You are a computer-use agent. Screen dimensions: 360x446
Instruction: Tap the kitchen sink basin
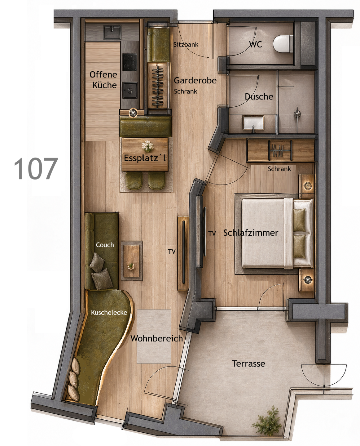(112, 32)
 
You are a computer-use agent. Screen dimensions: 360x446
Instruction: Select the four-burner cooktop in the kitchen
(130, 62)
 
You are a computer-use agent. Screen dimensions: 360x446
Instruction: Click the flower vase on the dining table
(148, 146)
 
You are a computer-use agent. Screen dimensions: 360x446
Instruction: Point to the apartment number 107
(36, 169)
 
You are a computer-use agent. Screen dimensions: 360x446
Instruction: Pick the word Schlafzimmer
(251, 233)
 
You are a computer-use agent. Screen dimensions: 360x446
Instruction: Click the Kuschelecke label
(109, 313)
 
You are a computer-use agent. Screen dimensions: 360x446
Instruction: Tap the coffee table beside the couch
(131, 261)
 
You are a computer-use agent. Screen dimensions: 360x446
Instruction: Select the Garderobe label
(195, 80)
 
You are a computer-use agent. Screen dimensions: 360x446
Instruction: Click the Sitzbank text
(186, 44)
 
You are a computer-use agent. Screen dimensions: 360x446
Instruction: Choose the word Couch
(105, 245)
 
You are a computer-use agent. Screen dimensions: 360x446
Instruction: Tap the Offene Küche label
(103, 80)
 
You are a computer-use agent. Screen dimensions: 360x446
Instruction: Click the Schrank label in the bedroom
(279, 169)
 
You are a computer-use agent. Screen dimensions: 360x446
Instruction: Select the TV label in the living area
(172, 252)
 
